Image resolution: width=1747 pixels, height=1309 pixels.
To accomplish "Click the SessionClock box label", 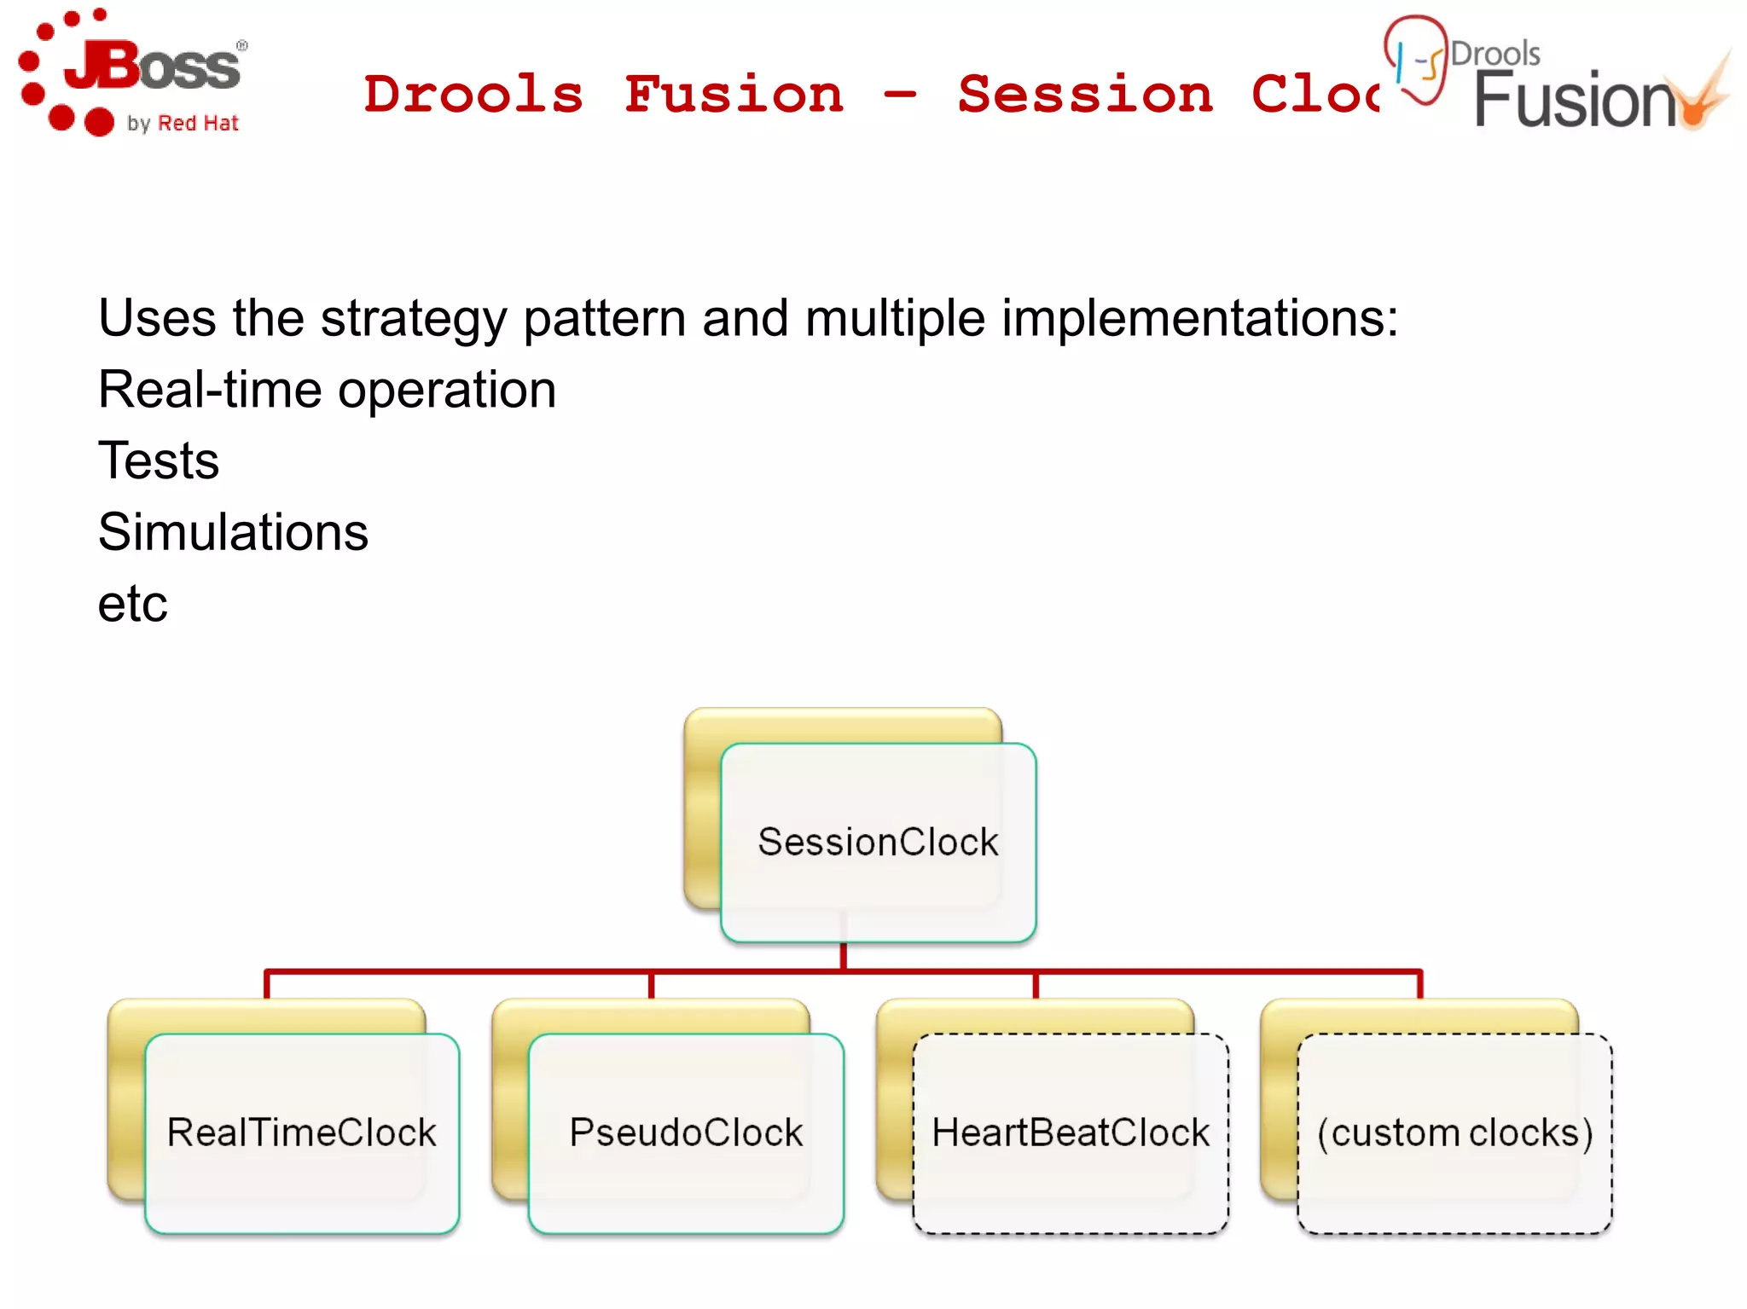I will [878, 843].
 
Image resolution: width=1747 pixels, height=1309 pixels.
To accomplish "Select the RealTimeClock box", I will [302, 1133].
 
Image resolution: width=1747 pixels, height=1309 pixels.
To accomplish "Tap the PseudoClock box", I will [686, 1133].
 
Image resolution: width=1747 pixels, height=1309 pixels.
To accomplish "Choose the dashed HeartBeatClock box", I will [1070, 1133].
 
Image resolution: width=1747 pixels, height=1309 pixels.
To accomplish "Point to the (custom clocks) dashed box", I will [1454, 1133].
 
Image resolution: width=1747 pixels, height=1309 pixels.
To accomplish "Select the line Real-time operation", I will [327, 390].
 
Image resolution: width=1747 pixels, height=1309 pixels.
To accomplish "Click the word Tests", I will [159, 461].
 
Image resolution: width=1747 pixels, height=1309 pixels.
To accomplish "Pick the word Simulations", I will [233, 532].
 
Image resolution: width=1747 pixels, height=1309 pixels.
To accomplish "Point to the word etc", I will [132, 604].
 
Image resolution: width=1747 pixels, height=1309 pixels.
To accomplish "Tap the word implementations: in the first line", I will [1199, 319].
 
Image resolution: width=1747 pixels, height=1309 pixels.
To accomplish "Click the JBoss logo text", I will [154, 67].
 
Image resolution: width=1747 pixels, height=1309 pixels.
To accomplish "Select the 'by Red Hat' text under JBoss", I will [183, 124].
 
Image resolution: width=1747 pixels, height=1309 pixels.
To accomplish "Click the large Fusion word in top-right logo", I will [1575, 101].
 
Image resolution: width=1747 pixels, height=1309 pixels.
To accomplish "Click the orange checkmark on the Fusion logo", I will [1706, 98].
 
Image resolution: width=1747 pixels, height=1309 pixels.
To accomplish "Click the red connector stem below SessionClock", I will [843, 956].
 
